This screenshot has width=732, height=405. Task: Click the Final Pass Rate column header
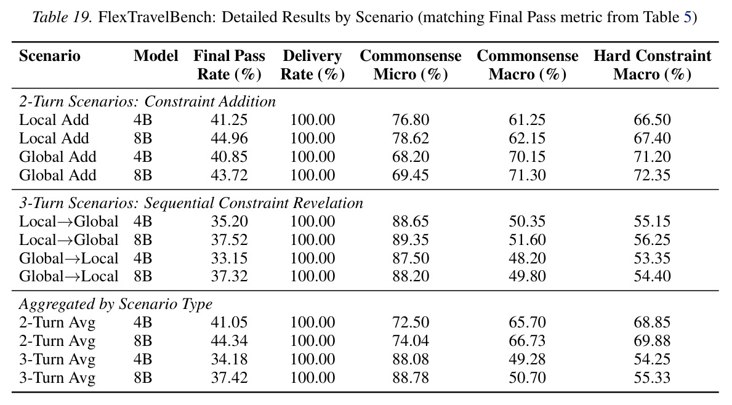[229, 65]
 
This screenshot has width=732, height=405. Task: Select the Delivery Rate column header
[312, 65]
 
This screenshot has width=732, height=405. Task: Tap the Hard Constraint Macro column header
[652, 65]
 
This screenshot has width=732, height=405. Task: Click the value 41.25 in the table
[229, 120]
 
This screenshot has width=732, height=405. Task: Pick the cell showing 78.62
[411, 138]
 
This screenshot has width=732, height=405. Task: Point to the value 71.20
[652, 157]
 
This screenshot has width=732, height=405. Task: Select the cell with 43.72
[229, 175]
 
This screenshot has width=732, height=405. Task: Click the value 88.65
[411, 221]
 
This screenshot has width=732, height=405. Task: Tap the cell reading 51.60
[527, 240]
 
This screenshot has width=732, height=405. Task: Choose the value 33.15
[229, 258]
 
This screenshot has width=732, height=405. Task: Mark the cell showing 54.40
[652, 276]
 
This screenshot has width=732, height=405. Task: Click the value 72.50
[411, 323]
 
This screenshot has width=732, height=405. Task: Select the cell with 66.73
[527, 340]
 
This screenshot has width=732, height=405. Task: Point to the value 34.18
[229, 359]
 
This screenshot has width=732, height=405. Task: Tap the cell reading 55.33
[652, 377]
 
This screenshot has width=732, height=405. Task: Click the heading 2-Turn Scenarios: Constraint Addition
[148, 102]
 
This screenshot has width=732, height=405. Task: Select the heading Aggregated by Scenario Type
[116, 304]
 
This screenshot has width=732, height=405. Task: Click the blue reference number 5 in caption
[688, 17]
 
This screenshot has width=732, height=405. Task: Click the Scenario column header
[49, 56]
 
